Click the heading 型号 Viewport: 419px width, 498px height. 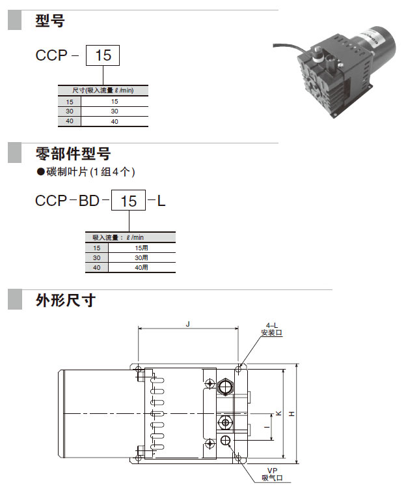point(50,21)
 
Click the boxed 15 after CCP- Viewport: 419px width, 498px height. point(103,55)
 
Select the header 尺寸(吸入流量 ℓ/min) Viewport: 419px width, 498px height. point(103,90)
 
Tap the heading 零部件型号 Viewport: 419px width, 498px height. point(73,154)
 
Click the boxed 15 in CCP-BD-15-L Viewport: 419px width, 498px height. point(129,201)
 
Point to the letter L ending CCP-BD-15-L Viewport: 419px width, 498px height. point(161,201)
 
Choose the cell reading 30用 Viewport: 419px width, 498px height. point(141,257)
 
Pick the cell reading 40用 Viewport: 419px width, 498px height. point(141,267)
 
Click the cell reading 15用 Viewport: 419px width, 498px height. point(141,248)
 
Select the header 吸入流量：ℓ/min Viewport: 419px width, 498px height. point(118,237)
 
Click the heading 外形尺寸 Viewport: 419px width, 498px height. point(66,300)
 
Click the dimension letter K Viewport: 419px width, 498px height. point(278,413)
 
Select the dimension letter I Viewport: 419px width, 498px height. point(267,427)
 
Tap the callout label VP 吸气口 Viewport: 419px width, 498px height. point(272,474)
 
